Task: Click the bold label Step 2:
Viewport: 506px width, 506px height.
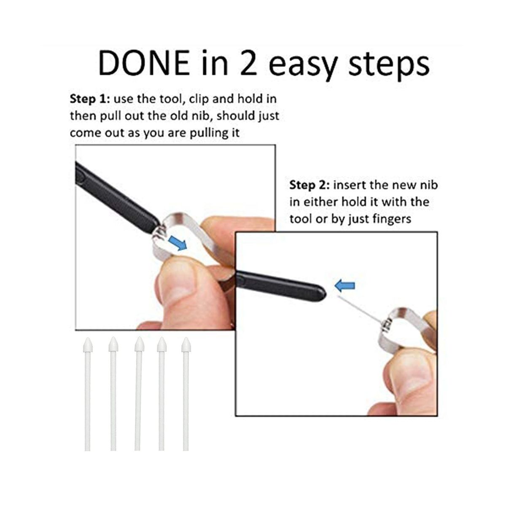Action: tap(309, 186)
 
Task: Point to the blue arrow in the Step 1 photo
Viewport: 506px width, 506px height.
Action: tap(178, 242)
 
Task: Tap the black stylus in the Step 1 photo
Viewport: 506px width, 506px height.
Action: tap(117, 197)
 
